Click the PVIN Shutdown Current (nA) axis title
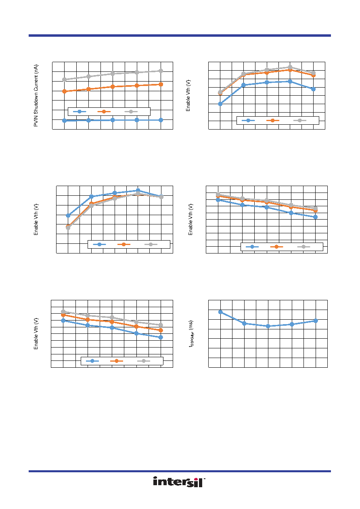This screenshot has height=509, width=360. (x=36, y=95)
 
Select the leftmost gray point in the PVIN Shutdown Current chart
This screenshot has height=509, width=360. (x=64, y=80)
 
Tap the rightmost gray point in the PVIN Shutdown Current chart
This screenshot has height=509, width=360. (x=161, y=71)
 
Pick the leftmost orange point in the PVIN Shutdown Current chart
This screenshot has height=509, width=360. (x=64, y=91)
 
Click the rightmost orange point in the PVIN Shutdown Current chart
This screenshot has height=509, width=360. (x=161, y=84)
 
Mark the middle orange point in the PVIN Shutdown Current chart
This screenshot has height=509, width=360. (x=113, y=87)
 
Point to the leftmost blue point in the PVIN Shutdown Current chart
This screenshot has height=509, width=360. (x=64, y=121)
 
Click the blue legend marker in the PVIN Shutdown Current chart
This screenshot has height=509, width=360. (x=80, y=111)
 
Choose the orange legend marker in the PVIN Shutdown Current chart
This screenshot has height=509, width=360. (x=104, y=111)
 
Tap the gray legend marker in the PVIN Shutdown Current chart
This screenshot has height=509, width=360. (x=131, y=111)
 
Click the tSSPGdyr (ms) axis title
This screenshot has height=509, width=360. (x=191, y=333)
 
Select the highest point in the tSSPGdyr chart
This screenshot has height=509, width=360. (x=220, y=312)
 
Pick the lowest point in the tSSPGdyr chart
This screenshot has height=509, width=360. (x=268, y=326)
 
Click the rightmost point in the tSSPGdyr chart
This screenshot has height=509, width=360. (x=316, y=321)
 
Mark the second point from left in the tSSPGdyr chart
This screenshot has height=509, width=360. (x=244, y=323)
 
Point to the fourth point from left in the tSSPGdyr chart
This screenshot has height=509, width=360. (x=292, y=324)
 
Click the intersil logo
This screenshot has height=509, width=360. (x=179, y=482)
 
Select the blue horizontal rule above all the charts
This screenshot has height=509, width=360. (x=180, y=36)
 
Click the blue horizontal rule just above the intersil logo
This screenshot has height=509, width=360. (x=180, y=471)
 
